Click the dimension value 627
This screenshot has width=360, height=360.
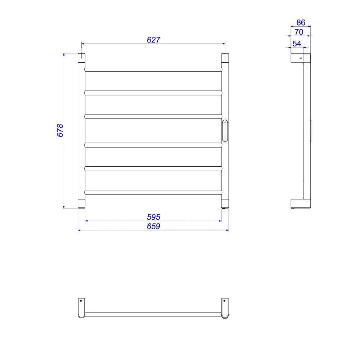(x=153, y=40)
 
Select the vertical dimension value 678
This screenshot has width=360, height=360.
(x=60, y=130)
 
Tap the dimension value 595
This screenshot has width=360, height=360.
(x=153, y=217)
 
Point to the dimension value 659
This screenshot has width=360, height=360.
(x=153, y=226)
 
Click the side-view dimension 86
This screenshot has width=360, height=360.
(x=301, y=22)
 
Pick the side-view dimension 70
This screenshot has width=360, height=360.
(x=299, y=32)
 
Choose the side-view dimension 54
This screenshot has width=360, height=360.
(x=297, y=44)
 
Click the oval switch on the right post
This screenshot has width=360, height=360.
(x=225, y=130)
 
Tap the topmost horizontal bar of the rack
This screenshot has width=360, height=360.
(x=153, y=69)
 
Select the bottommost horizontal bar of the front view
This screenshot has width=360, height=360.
(x=153, y=192)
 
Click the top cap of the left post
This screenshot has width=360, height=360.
(x=82, y=58)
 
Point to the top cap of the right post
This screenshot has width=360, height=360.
(x=225, y=58)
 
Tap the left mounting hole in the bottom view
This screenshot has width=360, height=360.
(x=81, y=301)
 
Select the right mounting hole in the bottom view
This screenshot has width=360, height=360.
(x=224, y=301)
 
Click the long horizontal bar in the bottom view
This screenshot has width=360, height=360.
(x=153, y=314)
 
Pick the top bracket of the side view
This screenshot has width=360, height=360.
(x=300, y=58)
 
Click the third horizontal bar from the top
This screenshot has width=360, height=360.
(x=153, y=116)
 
